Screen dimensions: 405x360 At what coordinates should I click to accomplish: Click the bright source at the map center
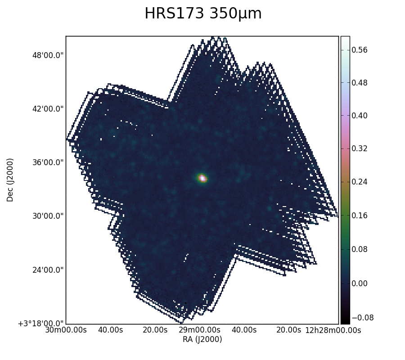[x=202, y=178]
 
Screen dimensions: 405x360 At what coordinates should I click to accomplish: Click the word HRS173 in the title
[x=174, y=13]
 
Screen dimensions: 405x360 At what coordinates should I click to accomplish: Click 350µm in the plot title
[x=235, y=14]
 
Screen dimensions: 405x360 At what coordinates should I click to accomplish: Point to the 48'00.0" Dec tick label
[x=48, y=55]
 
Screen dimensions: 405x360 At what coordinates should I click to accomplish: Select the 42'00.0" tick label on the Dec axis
[x=48, y=109]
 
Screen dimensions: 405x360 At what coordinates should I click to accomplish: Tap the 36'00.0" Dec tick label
[x=48, y=162]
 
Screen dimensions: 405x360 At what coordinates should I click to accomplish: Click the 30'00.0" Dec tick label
[x=48, y=216]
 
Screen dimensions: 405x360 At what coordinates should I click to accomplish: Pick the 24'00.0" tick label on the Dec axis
[x=48, y=270]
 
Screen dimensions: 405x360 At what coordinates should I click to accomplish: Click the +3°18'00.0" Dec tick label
[x=41, y=324]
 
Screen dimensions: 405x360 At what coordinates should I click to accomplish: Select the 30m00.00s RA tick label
[x=66, y=330]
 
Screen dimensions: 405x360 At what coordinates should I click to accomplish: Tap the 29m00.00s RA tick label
[x=200, y=330]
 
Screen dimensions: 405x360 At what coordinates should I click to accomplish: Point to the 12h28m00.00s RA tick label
[x=333, y=330]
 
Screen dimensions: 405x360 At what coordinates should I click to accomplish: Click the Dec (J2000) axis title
[x=10, y=180]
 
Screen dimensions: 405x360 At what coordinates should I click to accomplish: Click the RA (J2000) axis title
[x=202, y=339]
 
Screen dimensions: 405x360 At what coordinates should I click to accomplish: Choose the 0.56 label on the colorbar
[x=359, y=50]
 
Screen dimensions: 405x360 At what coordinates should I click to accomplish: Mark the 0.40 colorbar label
[x=359, y=116]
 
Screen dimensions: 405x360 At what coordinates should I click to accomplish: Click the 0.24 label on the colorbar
[x=359, y=182]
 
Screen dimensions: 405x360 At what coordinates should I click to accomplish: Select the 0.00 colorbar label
[x=359, y=283]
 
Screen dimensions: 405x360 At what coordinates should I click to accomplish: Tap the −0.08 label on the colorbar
[x=362, y=318]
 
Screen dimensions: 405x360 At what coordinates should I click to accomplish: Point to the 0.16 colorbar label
[x=359, y=216]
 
